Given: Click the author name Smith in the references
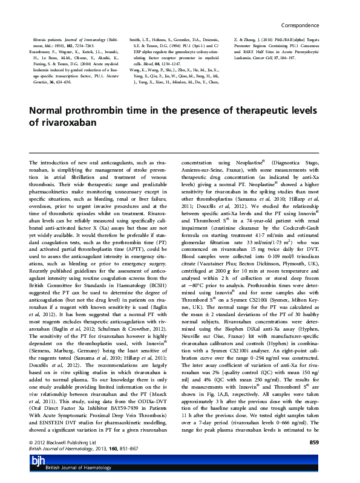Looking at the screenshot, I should tap(137, 21).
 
